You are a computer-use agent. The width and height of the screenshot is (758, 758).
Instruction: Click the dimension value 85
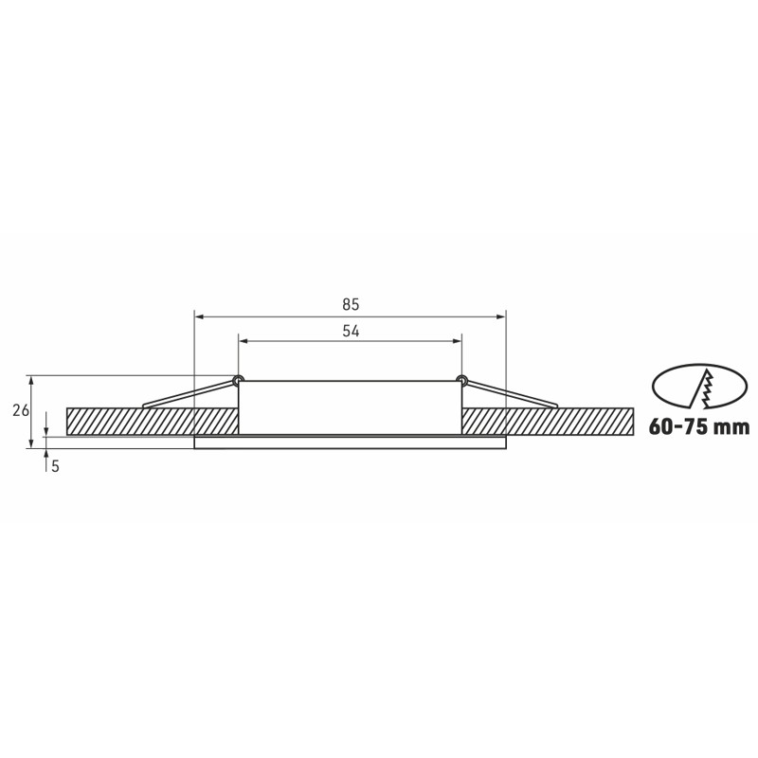tap(351, 304)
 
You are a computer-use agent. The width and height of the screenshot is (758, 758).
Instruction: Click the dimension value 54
tap(351, 331)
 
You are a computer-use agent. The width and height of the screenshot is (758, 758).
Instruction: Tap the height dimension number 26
tap(21, 410)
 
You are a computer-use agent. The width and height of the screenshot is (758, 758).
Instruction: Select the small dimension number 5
tap(56, 466)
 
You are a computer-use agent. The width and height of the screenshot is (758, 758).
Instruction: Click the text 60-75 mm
tap(699, 427)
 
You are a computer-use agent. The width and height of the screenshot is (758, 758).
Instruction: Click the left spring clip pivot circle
tap(238, 380)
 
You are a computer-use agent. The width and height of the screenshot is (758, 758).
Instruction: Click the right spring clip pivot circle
tap(461, 380)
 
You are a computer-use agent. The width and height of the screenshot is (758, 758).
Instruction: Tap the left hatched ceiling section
tap(152, 421)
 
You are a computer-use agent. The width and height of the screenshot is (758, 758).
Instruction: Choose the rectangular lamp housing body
tap(350, 407)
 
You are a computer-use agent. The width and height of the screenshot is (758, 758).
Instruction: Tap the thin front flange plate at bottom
tap(350, 442)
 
